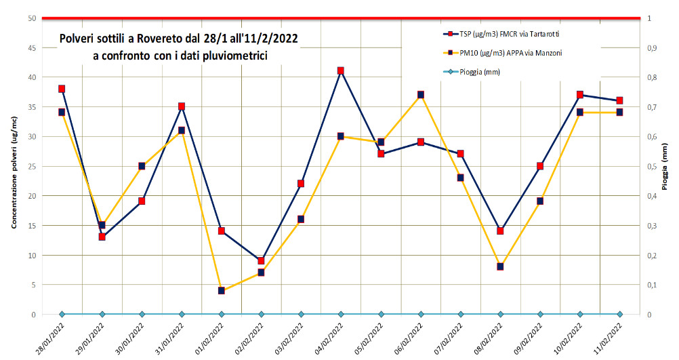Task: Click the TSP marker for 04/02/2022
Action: coord(341,71)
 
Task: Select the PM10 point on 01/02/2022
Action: coord(222,290)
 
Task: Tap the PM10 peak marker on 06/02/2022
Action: coord(421,95)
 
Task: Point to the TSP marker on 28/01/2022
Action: coord(62,89)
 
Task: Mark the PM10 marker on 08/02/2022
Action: coord(501,266)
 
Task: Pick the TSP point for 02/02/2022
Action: coord(262,260)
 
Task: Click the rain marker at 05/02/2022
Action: coord(381,314)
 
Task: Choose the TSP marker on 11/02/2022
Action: coord(620,100)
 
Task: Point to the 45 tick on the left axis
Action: coord(32,48)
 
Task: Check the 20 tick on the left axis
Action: coord(32,196)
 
